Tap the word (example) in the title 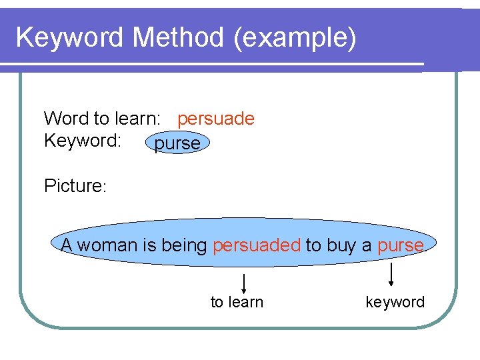[295, 38]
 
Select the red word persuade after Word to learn [216, 119]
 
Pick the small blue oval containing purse [177, 143]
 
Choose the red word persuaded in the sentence [257, 245]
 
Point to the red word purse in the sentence [401, 245]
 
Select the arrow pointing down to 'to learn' [245, 283]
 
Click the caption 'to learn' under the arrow [237, 302]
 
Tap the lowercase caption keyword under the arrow [395, 302]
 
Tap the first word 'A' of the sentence [67, 245]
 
